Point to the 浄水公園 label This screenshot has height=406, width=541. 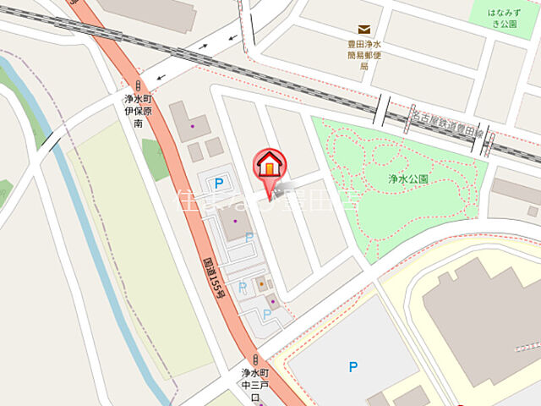pyautogui.click(x=409, y=179)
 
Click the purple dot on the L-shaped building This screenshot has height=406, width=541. pyautogui.click(x=192, y=127)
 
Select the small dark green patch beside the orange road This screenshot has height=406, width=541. pyautogui.click(x=155, y=158)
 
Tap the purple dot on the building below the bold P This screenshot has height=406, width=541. pyautogui.click(x=235, y=222)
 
